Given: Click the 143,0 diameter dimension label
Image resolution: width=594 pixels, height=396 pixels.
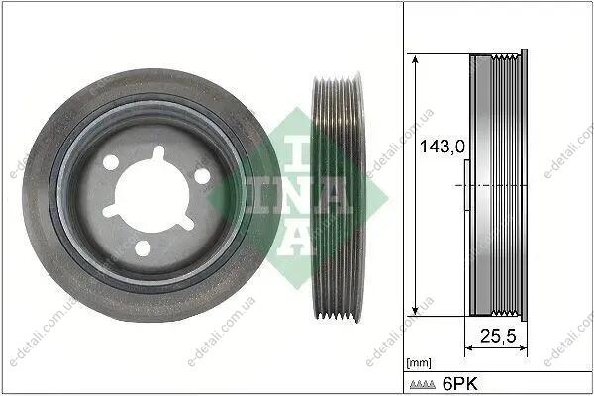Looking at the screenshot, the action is (x=443, y=147).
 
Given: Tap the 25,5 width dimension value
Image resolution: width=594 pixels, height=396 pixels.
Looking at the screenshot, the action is (x=498, y=336).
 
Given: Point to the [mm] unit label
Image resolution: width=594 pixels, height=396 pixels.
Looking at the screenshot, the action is (x=419, y=363).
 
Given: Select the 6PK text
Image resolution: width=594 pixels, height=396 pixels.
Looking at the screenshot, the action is (x=460, y=384).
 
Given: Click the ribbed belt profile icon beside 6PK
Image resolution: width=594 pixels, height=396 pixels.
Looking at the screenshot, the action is (x=423, y=385).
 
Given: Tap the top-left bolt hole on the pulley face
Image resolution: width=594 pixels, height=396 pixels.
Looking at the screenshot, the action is (x=111, y=162).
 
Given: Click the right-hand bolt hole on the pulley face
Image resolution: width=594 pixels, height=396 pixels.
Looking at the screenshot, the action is (x=202, y=176).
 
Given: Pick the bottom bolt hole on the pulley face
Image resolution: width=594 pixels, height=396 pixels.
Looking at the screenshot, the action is (x=143, y=248).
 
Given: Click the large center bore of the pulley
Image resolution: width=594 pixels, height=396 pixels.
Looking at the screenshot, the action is (x=151, y=195).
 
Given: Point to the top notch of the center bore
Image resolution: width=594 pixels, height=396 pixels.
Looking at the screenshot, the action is (x=158, y=152).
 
